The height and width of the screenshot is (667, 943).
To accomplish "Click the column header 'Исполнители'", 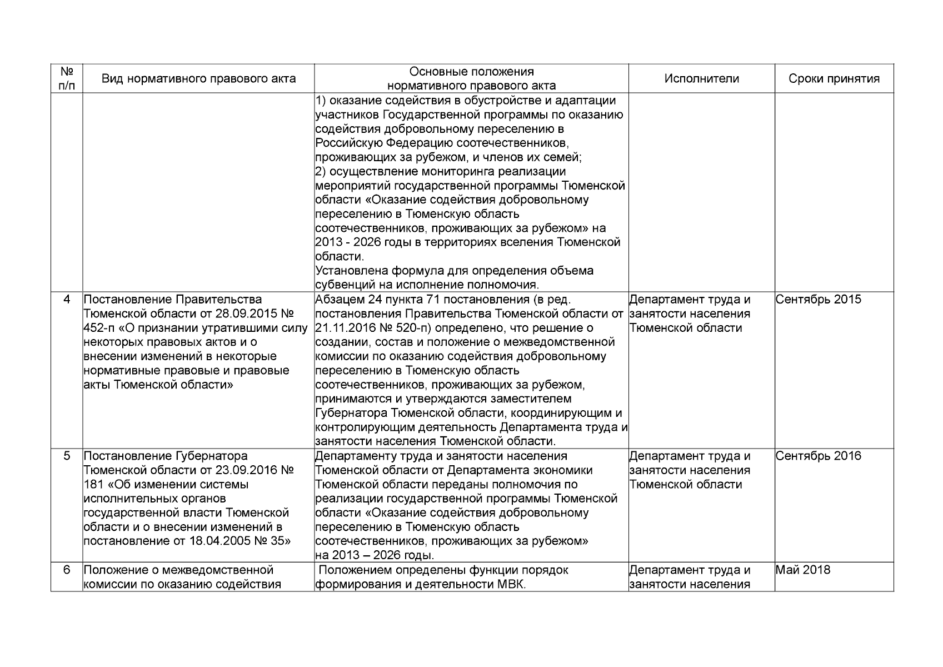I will pos(701,79).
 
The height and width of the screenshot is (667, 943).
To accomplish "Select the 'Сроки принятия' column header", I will pos(834,79).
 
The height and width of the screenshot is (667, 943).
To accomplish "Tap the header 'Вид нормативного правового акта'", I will pos(198,79).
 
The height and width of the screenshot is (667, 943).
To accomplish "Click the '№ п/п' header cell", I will pos(67,79).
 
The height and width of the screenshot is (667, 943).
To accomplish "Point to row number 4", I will pos(67,300).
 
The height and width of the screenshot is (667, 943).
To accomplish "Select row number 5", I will pos(67,456).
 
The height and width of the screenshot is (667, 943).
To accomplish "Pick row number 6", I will pos(67,570).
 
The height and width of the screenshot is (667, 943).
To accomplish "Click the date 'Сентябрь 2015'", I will pos(818,300).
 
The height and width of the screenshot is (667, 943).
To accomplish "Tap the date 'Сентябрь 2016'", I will pos(818,456).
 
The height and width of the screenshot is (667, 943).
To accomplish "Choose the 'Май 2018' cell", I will pos(802,570).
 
